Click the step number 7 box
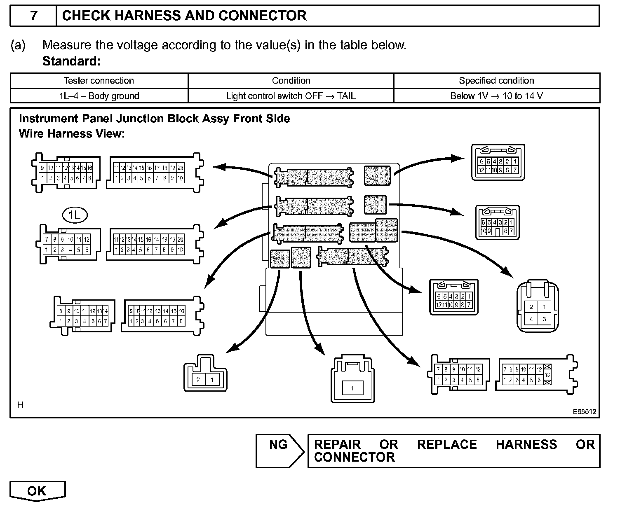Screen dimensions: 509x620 click(x=33, y=16)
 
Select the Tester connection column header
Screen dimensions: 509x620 click(x=99, y=81)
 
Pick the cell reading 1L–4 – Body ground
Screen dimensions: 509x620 click(x=99, y=96)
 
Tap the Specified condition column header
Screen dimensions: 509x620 click(x=496, y=81)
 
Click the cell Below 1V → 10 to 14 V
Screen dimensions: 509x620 click(x=496, y=96)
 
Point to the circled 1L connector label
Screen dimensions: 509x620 click(x=75, y=215)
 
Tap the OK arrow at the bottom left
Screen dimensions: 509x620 click(x=37, y=490)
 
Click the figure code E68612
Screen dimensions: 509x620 click(x=584, y=411)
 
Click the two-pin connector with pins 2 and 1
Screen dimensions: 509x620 click(x=205, y=373)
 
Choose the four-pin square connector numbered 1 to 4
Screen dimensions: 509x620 click(x=538, y=307)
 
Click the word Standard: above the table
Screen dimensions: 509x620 click(x=71, y=61)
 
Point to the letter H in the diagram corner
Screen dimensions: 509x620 click(x=21, y=405)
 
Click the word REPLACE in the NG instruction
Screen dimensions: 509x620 click(x=447, y=445)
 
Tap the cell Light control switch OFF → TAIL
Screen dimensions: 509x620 click(x=291, y=96)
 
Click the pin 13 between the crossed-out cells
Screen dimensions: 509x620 click(x=547, y=374)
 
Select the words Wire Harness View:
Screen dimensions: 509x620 click(x=72, y=134)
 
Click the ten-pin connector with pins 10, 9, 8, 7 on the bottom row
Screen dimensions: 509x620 click(x=497, y=223)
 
